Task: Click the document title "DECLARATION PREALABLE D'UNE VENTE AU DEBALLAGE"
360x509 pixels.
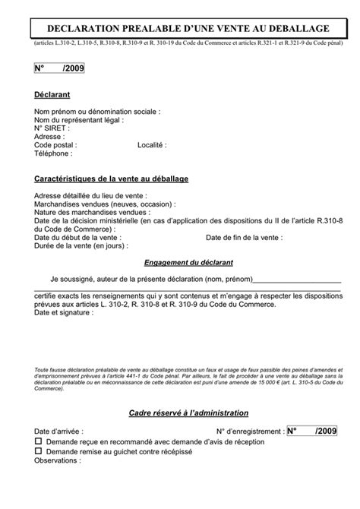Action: tap(180, 28)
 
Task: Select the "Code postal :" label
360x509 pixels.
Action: tap(55, 144)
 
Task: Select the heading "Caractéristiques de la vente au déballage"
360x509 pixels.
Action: tap(111, 179)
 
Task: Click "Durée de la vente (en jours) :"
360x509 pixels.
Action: tap(81, 247)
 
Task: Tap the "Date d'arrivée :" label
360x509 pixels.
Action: tap(59, 431)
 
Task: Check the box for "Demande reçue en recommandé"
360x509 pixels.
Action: tap(39, 441)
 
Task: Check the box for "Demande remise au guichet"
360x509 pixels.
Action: tap(39, 451)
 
